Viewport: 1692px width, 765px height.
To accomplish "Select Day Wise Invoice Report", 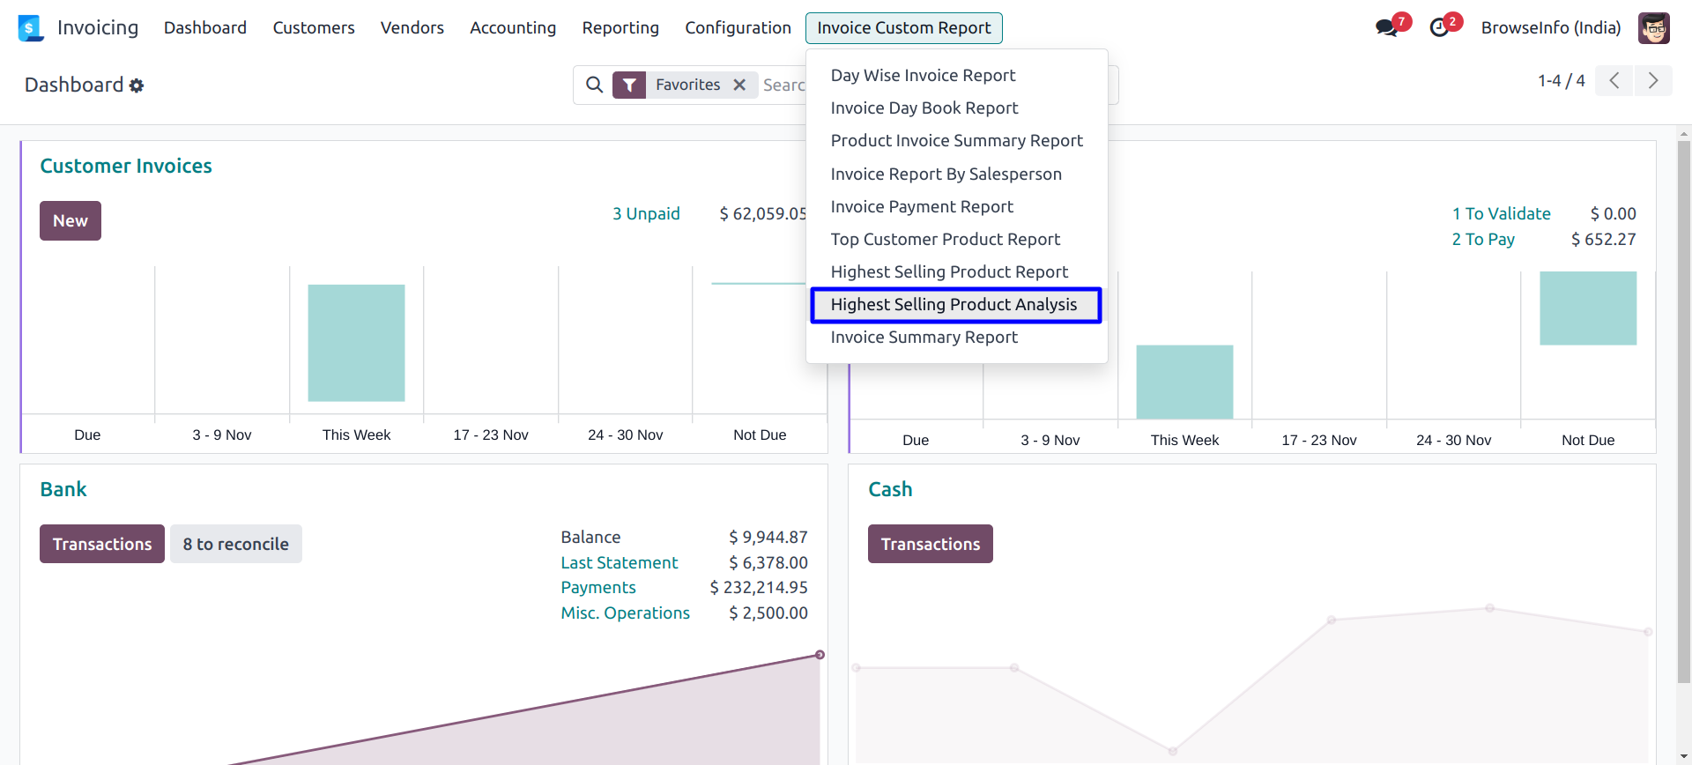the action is (923, 76).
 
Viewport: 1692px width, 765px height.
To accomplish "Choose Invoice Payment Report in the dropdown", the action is (922, 207).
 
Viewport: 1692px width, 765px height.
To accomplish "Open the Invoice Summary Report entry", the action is (924, 338).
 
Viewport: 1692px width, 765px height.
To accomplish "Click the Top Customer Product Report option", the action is (945, 240).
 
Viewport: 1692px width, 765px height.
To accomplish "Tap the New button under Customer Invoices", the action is (70, 221).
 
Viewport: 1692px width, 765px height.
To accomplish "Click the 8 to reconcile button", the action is (236, 545).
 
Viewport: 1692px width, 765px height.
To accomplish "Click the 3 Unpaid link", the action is (646, 214).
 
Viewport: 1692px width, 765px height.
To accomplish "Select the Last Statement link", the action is (620, 563).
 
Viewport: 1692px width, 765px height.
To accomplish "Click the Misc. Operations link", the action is (626, 613).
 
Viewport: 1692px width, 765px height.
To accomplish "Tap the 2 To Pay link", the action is (1483, 240).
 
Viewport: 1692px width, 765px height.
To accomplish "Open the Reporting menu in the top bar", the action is (620, 28).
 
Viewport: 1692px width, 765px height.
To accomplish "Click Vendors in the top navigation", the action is (412, 28).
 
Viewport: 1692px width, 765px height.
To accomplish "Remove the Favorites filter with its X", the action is (739, 85).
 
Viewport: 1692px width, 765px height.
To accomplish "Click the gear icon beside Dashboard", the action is (137, 85).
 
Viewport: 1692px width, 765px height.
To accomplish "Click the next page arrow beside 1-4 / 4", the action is (1653, 81).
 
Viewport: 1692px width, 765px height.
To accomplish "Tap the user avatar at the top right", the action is (1654, 28).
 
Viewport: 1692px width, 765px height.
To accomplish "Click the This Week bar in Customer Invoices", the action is (356, 343).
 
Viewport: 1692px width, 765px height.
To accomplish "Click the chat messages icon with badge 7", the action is (1387, 28).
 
